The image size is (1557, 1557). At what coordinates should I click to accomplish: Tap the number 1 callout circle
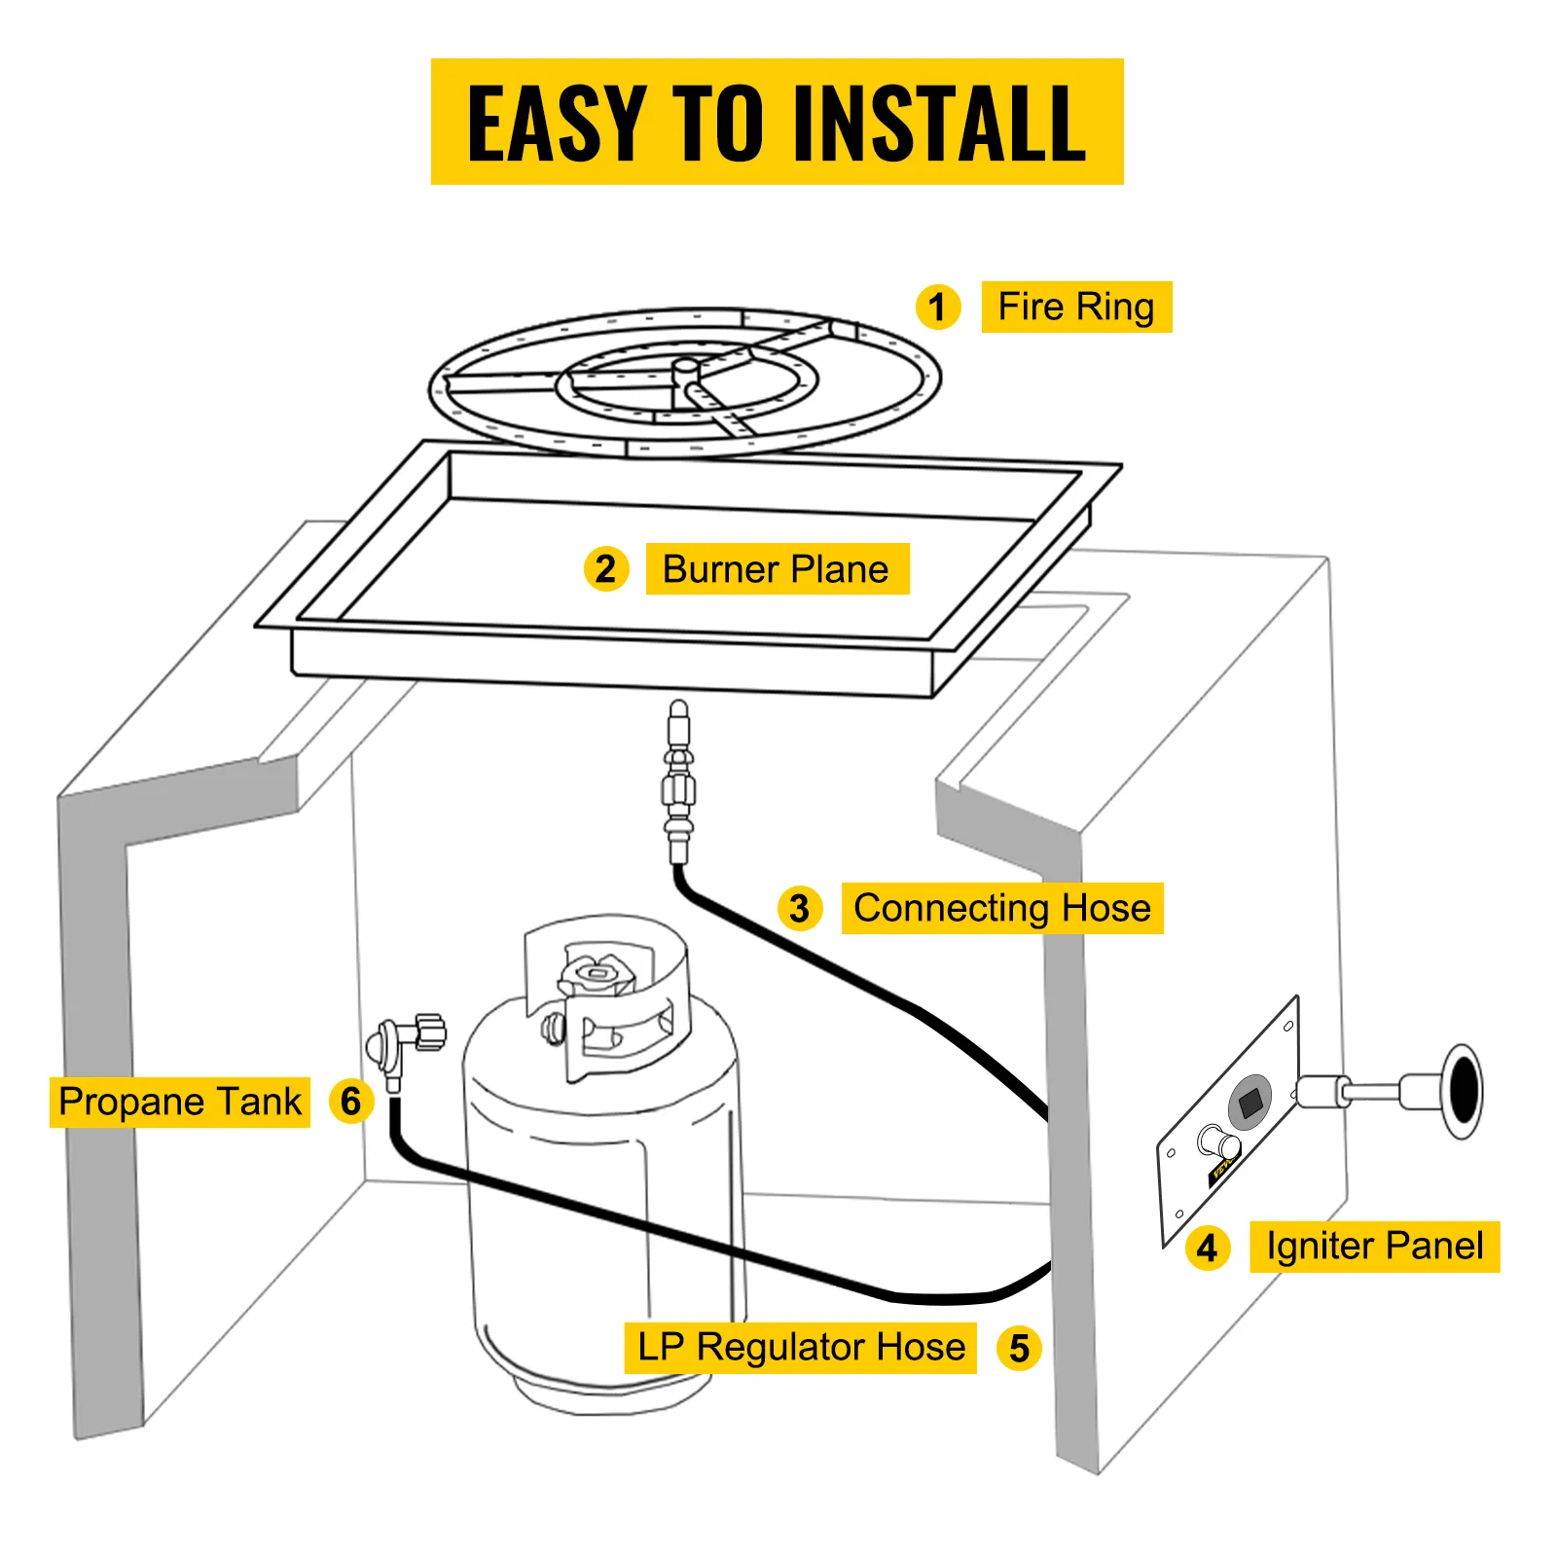pyautogui.click(x=938, y=308)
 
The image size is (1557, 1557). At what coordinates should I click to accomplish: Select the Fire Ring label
pyautogui.click(x=1076, y=308)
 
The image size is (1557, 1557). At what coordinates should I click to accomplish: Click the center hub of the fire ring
pyautogui.click(x=686, y=371)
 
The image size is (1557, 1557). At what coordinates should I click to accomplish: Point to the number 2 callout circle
pyautogui.click(x=605, y=569)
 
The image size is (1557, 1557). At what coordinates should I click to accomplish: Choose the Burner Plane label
pyautogui.click(x=777, y=569)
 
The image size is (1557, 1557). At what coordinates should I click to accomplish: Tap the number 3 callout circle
pyautogui.click(x=800, y=908)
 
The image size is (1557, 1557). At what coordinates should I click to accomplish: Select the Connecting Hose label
pyautogui.click(x=1002, y=908)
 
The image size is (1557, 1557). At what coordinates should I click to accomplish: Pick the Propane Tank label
pyautogui.click(x=180, y=1102)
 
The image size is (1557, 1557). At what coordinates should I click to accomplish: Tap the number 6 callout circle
pyautogui.click(x=351, y=1102)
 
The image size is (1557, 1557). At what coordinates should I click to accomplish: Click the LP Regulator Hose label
pyautogui.click(x=801, y=1348)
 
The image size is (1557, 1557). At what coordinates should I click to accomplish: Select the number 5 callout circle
pyautogui.click(x=1019, y=1349)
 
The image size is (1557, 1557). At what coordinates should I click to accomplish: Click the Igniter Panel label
pyautogui.click(x=1374, y=1247)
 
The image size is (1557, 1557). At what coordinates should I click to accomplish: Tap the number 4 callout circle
pyautogui.click(x=1207, y=1248)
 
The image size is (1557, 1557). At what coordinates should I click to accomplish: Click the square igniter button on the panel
pyautogui.click(x=1250, y=1103)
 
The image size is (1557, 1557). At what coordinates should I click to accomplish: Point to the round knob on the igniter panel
pyautogui.click(x=1217, y=1141)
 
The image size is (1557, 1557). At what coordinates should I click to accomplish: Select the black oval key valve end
pyautogui.click(x=1464, y=1090)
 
